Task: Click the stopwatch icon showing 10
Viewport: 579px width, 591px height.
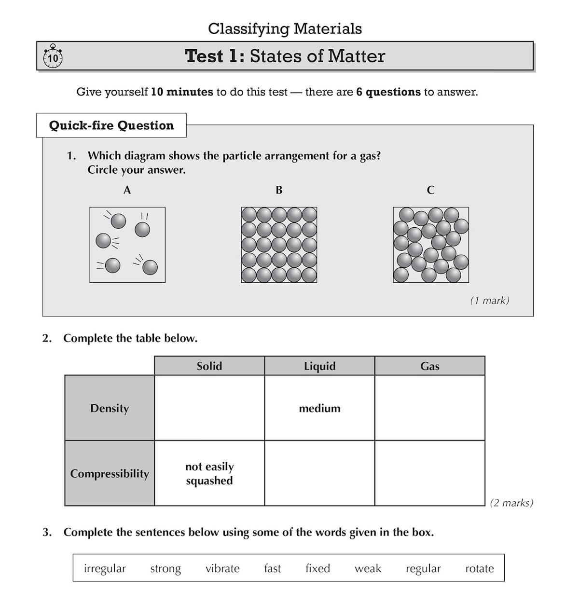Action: coord(53,57)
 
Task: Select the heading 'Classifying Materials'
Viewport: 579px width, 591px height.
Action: coord(285,29)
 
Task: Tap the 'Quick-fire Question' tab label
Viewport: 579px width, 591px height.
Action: coord(111,125)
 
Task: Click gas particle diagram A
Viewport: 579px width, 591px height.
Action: coord(127,245)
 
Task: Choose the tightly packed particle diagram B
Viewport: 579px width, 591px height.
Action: coord(279,245)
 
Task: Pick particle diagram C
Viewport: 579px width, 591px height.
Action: coord(431,245)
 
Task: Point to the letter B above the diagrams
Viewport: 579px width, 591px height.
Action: coord(279,191)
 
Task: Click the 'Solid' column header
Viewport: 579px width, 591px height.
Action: coord(209,366)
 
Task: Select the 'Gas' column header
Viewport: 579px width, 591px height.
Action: coord(429,366)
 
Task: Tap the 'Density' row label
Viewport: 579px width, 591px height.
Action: coord(110,408)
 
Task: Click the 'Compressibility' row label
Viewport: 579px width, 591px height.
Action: coord(110,473)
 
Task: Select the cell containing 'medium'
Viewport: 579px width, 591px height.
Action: coord(319,408)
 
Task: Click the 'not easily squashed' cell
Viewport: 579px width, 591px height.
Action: coord(209,473)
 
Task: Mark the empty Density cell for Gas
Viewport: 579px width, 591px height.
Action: coord(429,408)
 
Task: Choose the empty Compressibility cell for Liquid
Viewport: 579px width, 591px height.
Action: coord(319,473)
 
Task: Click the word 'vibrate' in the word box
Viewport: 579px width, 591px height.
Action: coord(222,568)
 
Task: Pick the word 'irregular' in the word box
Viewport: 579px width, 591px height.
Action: coord(105,568)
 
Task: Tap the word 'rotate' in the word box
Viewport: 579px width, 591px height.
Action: coord(479,568)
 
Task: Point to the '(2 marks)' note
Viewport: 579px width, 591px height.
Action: coord(511,503)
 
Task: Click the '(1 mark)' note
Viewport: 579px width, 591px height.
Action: coord(489,301)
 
